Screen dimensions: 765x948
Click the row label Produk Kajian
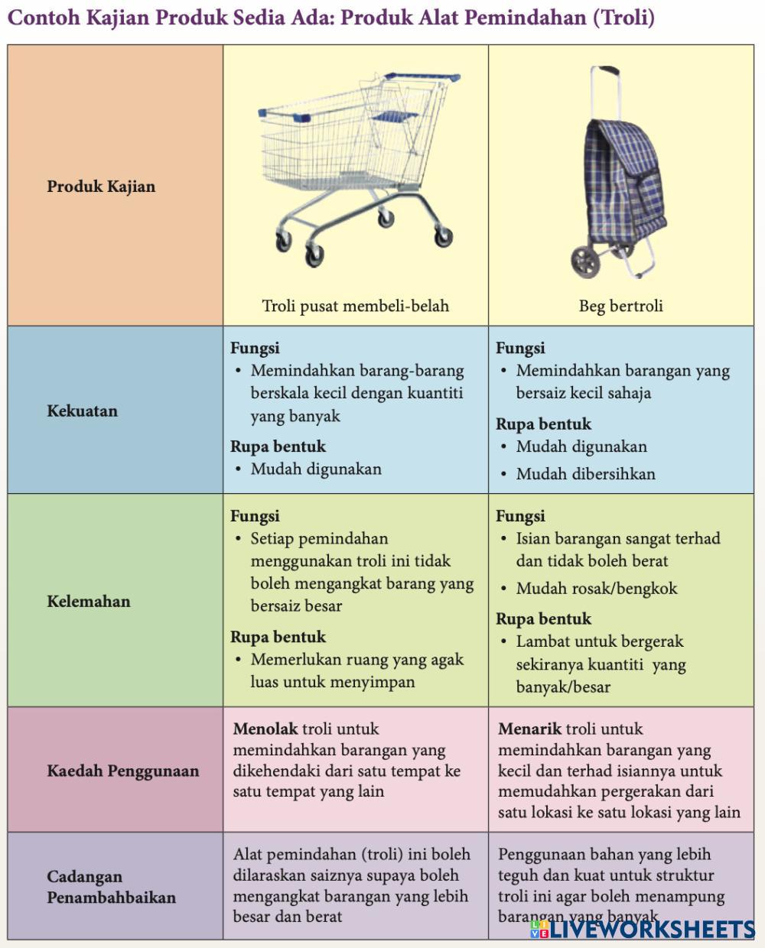pos(101,187)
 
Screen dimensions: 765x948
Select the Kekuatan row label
pos(83,411)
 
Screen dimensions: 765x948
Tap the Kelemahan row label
pos(89,602)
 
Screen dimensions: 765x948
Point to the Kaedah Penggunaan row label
pos(123,771)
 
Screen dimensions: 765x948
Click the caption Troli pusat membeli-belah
pos(356,306)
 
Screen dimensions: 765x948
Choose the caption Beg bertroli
pos(621,306)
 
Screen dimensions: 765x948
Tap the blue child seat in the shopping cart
pos(395,117)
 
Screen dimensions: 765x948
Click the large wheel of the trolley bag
pos(585,262)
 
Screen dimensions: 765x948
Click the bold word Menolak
pos(265,729)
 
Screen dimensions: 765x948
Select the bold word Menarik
pos(529,729)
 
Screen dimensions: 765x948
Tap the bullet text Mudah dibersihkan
pos(585,474)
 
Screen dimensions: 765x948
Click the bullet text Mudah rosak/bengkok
pos(597,589)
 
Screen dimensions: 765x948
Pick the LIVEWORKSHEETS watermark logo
pos(643,930)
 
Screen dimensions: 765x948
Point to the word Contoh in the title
pos(44,18)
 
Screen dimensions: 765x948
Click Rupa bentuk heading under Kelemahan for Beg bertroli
pos(543,619)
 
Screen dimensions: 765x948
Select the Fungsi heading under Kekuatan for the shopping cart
pos(255,348)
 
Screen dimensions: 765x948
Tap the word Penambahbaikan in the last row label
pos(112,898)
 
